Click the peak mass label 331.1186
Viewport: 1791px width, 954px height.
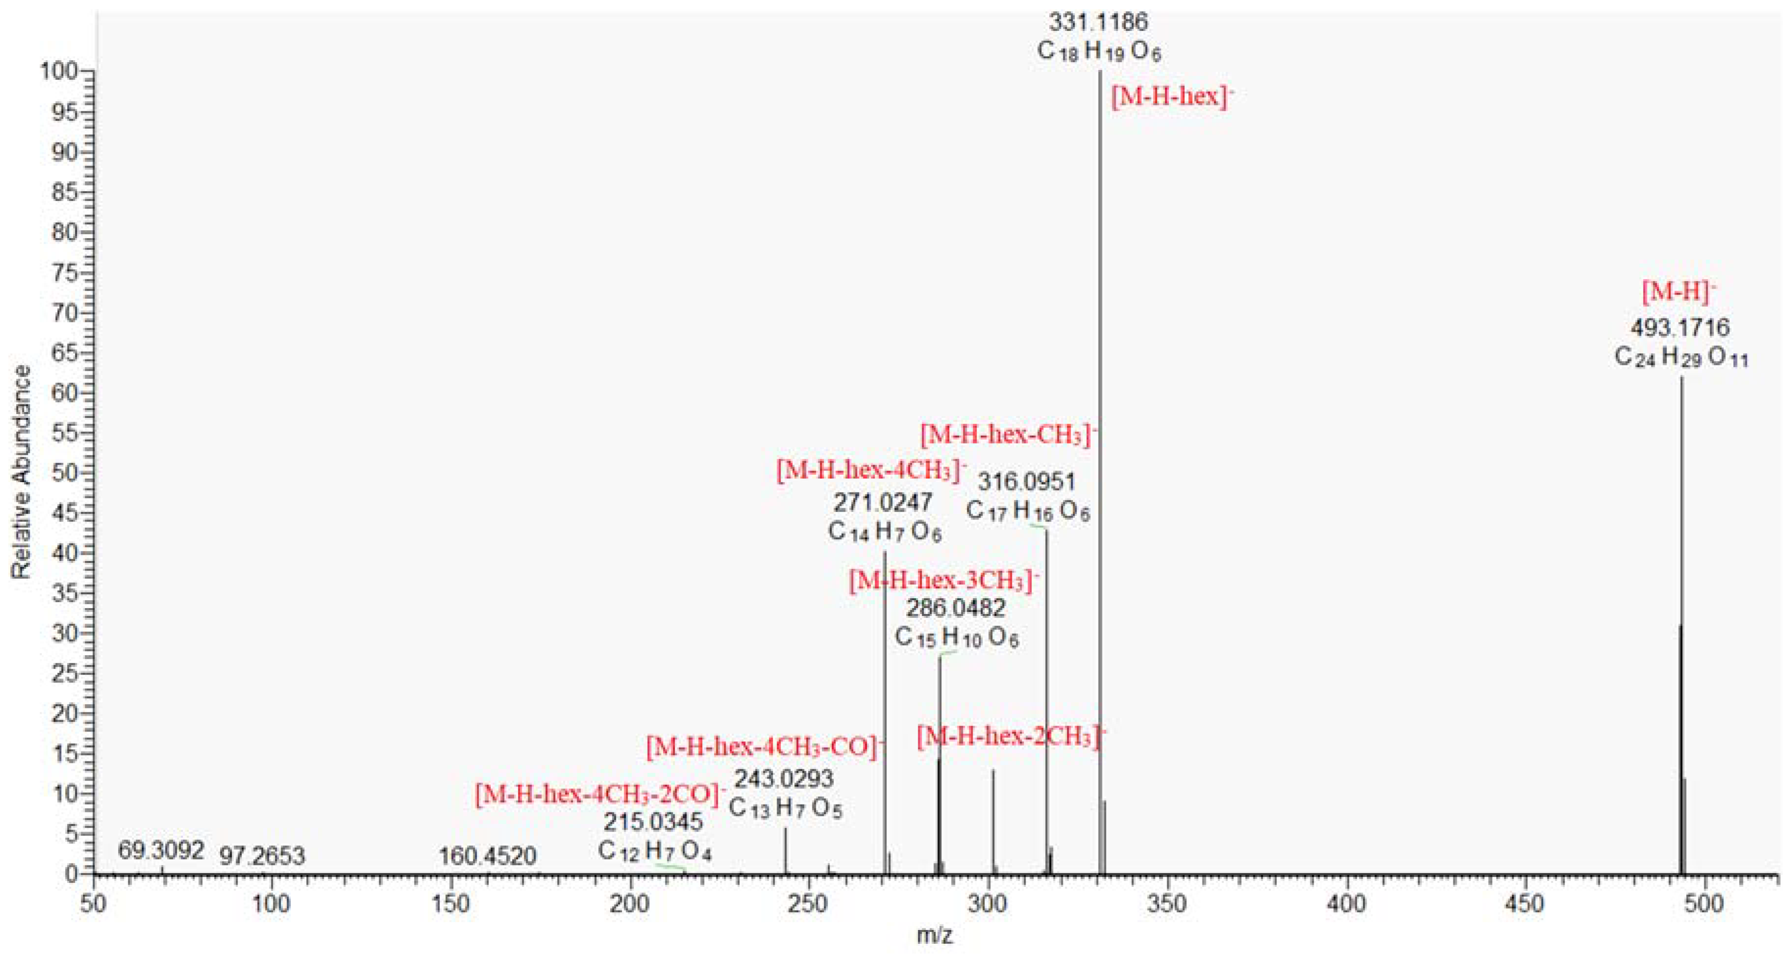1099,22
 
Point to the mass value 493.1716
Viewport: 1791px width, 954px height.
1680,327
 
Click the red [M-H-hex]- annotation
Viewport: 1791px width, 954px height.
1172,97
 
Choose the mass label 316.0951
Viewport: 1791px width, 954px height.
1027,481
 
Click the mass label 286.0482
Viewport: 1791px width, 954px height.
956,609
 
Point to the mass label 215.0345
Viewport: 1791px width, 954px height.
653,822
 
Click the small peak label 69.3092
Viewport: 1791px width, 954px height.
161,850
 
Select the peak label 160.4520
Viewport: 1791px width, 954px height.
488,856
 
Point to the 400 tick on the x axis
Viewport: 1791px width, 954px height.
1347,905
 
